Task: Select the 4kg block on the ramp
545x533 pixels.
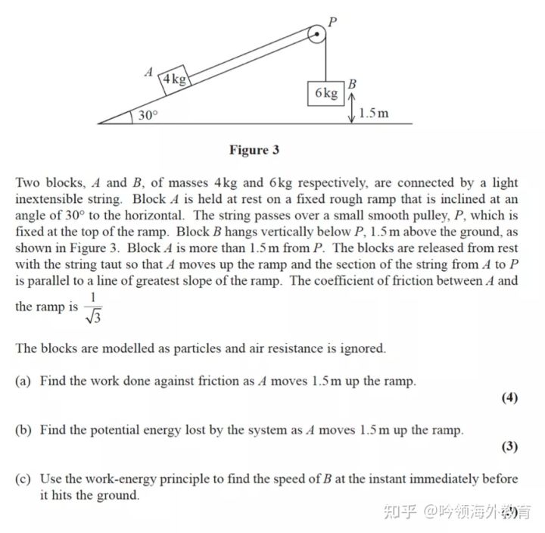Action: pos(175,79)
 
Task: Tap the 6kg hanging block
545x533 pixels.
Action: pos(325,93)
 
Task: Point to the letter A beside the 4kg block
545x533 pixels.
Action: pos(149,73)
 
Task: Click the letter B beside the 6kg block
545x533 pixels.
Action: pos(352,84)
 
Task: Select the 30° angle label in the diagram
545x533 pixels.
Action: pos(148,116)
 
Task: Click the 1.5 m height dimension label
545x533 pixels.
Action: pos(374,114)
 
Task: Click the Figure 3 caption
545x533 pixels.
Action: pos(254,150)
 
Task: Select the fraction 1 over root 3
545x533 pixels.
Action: pos(93,307)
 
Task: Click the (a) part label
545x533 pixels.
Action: pos(23,381)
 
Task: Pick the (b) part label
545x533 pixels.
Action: pos(23,430)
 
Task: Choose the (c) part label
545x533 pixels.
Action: pos(23,479)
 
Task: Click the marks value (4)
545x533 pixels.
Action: pos(509,398)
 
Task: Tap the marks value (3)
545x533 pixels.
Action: pos(509,447)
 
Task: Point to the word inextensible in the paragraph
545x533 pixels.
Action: pos(54,199)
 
